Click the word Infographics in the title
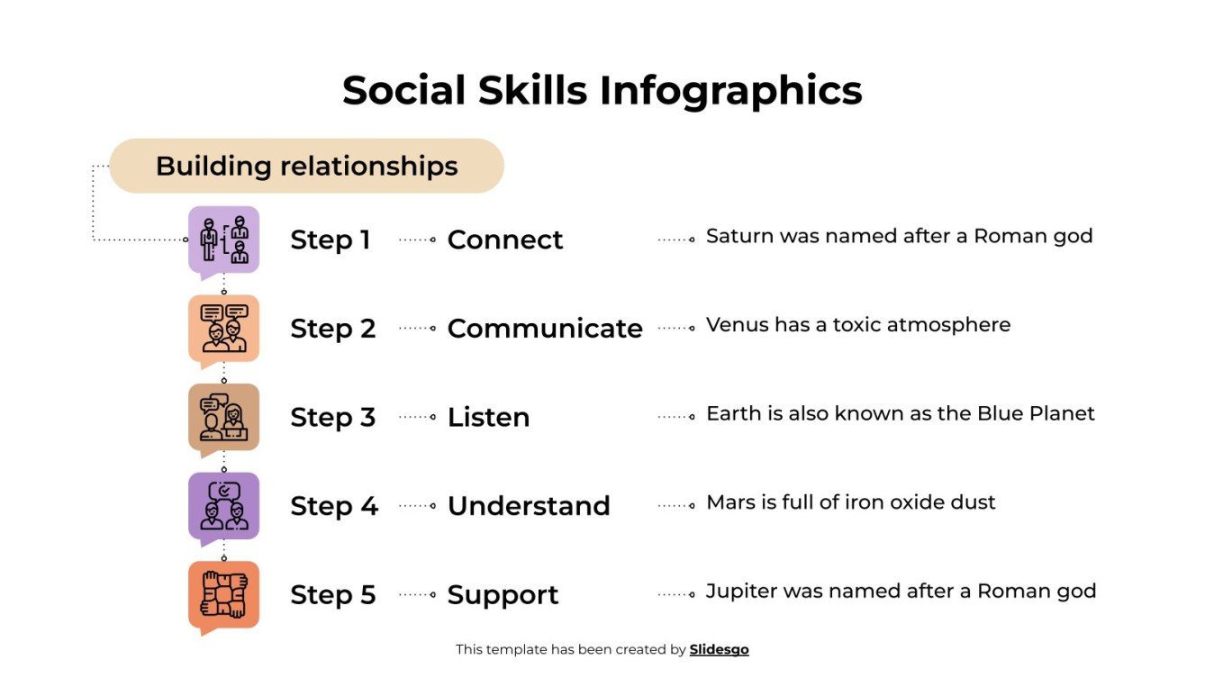click(x=730, y=92)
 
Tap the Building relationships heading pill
click(x=306, y=167)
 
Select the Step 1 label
click(x=331, y=240)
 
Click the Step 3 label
click(x=332, y=418)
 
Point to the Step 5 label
click(x=332, y=595)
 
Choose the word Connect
click(x=504, y=240)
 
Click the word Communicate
click(x=545, y=329)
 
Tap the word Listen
click(x=488, y=418)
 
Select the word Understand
click(x=529, y=506)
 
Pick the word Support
click(x=503, y=595)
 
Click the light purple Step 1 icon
click(x=223, y=240)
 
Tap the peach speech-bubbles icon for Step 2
click(x=223, y=329)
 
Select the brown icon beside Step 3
click(x=223, y=417)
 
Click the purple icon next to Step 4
click(x=223, y=506)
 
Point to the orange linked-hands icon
click(x=223, y=594)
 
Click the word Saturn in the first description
click(x=735, y=237)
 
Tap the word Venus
click(x=731, y=325)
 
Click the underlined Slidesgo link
click(x=719, y=649)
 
